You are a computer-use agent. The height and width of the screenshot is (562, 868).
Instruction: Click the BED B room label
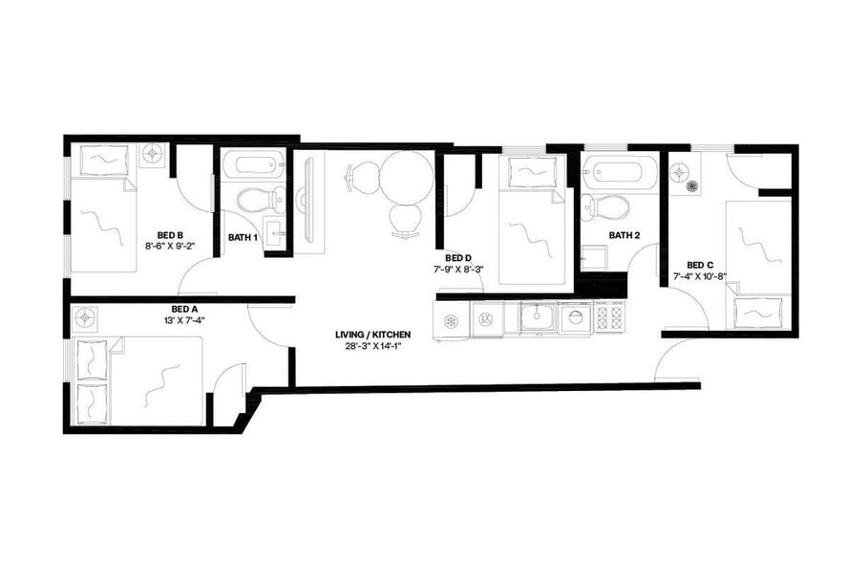[170, 232]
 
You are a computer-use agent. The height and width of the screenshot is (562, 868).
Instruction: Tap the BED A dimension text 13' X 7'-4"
[184, 320]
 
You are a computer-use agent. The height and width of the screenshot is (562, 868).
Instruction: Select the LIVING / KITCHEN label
[372, 335]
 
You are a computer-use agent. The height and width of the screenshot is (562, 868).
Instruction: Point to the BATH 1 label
[243, 238]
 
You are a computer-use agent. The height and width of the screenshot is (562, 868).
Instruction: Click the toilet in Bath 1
[256, 200]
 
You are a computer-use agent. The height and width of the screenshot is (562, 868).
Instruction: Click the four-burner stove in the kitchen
[609, 316]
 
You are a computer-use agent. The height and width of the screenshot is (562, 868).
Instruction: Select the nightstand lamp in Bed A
[87, 314]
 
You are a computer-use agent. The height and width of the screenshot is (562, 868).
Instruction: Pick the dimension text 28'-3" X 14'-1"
[372, 346]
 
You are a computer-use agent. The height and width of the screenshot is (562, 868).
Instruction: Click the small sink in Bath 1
[271, 232]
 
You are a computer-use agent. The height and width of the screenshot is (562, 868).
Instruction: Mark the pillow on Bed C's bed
[759, 313]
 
